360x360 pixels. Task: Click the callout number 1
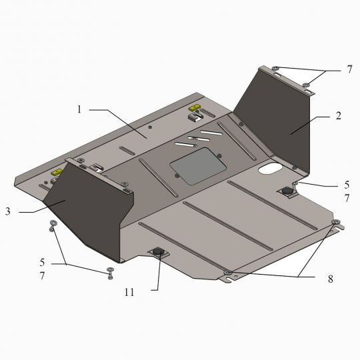79,109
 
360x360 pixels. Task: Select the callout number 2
339,115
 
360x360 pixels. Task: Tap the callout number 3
7,211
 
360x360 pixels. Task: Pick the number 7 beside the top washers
348,69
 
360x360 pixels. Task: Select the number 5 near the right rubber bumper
346,184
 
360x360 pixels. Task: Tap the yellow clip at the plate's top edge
195,107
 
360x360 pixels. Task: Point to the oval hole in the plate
269,169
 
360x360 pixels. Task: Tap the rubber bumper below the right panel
288,191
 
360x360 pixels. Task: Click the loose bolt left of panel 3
52,225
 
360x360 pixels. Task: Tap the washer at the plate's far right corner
335,222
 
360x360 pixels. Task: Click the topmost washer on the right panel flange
275,68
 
